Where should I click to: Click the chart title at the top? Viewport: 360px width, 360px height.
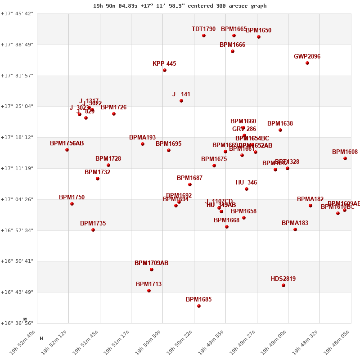tap(180, 6)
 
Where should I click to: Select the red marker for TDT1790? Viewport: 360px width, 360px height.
tap(204, 36)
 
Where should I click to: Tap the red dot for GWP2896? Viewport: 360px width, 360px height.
tap(307, 63)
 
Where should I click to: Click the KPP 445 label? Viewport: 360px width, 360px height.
tap(164, 64)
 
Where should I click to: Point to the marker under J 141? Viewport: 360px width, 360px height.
tap(181, 101)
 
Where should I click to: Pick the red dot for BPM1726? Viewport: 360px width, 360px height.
tap(114, 114)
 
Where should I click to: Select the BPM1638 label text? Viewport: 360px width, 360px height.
tap(280, 124)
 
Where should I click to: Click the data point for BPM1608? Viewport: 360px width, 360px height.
tap(345, 158)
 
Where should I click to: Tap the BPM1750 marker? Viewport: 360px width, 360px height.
tap(72, 204)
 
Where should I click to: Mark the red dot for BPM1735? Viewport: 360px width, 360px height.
tap(93, 230)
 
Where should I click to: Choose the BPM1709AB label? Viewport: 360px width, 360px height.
tap(151, 263)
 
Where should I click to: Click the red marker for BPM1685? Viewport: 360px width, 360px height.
tap(199, 306)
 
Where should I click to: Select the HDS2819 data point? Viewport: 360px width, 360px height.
tap(283, 285)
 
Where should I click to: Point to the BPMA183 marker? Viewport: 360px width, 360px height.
tap(295, 229)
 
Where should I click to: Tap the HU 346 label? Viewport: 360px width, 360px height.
tap(246, 183)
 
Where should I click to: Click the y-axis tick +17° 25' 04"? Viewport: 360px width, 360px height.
tap(17, 107)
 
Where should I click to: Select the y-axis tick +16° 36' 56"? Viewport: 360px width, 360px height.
tap(17, 323)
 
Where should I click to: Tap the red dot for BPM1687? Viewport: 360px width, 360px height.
tap(190, 184)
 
